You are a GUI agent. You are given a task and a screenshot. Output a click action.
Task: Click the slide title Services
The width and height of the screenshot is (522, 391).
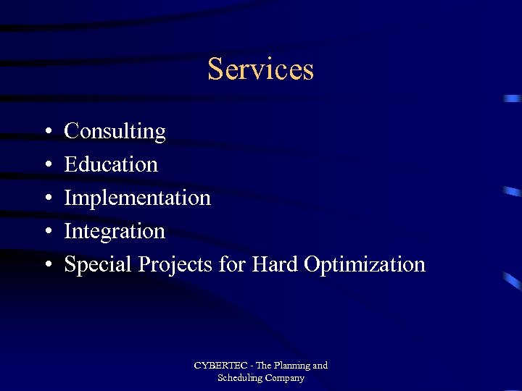pos(260,70)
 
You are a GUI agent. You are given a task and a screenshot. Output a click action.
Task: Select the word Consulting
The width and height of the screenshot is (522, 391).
pos(115,132)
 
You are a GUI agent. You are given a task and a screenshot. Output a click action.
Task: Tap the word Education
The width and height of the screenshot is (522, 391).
pos(111,164)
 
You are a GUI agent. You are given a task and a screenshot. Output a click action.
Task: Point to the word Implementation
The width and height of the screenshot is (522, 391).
pos(138,198)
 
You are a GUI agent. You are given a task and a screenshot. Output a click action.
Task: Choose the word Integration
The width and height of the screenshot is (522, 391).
pos(115,232)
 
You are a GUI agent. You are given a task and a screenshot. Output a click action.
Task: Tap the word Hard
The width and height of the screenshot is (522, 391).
pos(275,264)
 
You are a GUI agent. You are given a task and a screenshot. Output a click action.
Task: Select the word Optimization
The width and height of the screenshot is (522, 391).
pos(365,265)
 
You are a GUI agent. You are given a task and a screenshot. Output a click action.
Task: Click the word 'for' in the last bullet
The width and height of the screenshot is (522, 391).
pos(232,264)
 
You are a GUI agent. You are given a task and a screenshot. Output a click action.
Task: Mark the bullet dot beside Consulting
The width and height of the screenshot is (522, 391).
pos(46,133)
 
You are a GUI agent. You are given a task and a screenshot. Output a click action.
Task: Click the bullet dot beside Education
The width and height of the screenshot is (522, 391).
pos(46,166)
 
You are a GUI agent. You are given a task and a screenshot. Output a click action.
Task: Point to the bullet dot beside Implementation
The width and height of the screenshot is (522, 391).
pos(46,199)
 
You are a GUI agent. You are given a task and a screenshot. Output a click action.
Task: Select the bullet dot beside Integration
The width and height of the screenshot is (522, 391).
pos(46,232)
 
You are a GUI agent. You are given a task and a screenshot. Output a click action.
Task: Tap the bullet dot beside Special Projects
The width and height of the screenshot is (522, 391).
pos(46,266)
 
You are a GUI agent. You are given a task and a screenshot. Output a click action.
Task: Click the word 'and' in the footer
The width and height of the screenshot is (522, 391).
pos(320,366)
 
